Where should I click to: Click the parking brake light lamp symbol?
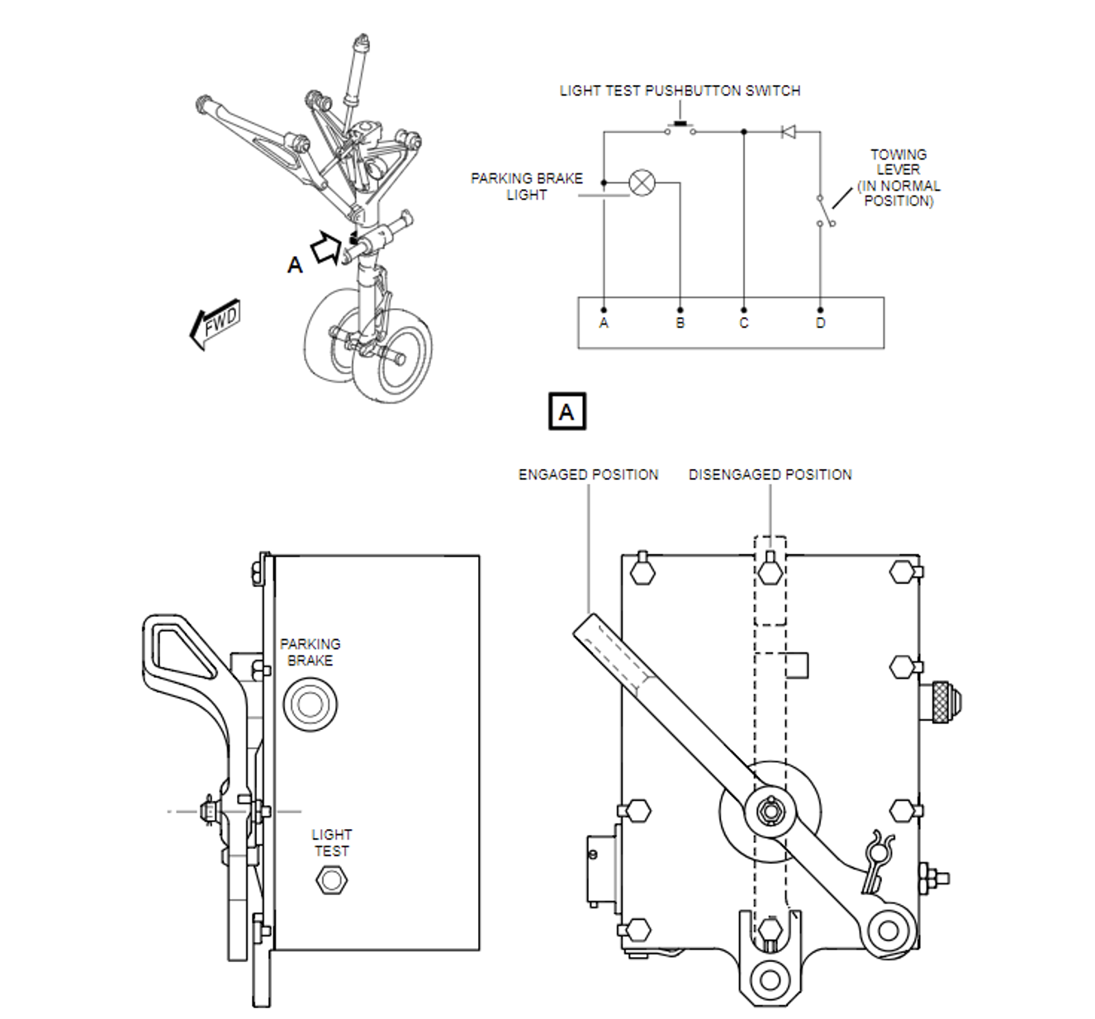(x=642, y=182)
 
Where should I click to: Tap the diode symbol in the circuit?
(x=788, y=132)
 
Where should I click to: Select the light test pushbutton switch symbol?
(x=680, y=129)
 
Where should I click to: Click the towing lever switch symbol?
(x=826, y=210)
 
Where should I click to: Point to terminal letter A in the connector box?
(x=604, y=323)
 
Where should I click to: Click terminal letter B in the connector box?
(x=680, y=323)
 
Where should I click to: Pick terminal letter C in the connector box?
(x=744, y=323)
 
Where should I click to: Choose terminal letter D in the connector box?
(x=820, y=323)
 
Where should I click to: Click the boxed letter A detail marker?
(x=566, y=411)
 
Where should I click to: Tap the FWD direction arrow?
(x=216, y=325)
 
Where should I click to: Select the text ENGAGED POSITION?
(x=588, y=475)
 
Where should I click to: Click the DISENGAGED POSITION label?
(x=770, y=475)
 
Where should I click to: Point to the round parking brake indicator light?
(x=310, y=704)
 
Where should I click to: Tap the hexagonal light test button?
(x=331, y=880)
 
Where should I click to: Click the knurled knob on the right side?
(x=946, y=703)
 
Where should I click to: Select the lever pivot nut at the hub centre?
(x=770, y=811)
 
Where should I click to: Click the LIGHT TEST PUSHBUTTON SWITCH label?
(x=680, y=91)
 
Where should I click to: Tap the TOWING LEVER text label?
(x=898, y=162)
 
